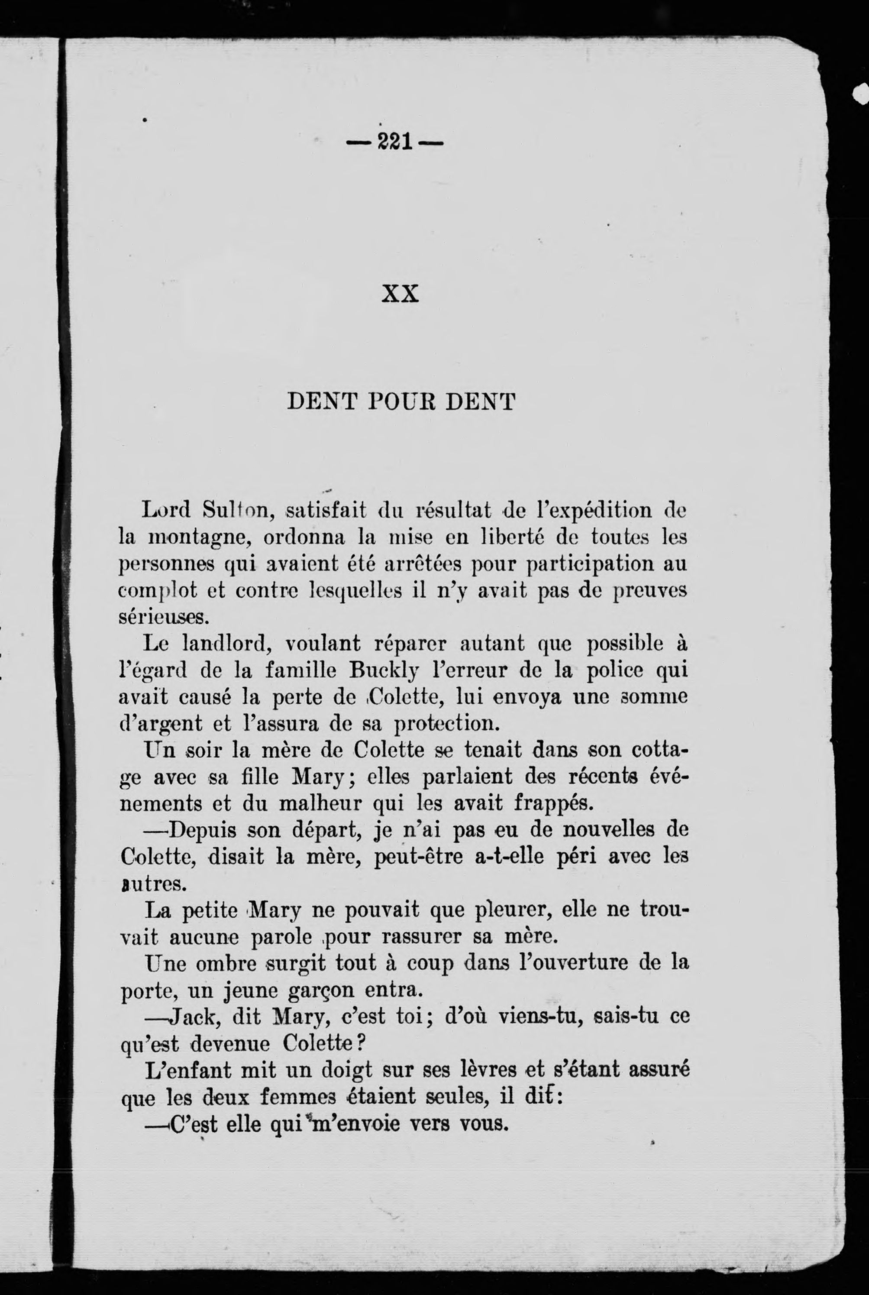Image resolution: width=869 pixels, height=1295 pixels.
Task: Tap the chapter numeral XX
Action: (x=400, y=294)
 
